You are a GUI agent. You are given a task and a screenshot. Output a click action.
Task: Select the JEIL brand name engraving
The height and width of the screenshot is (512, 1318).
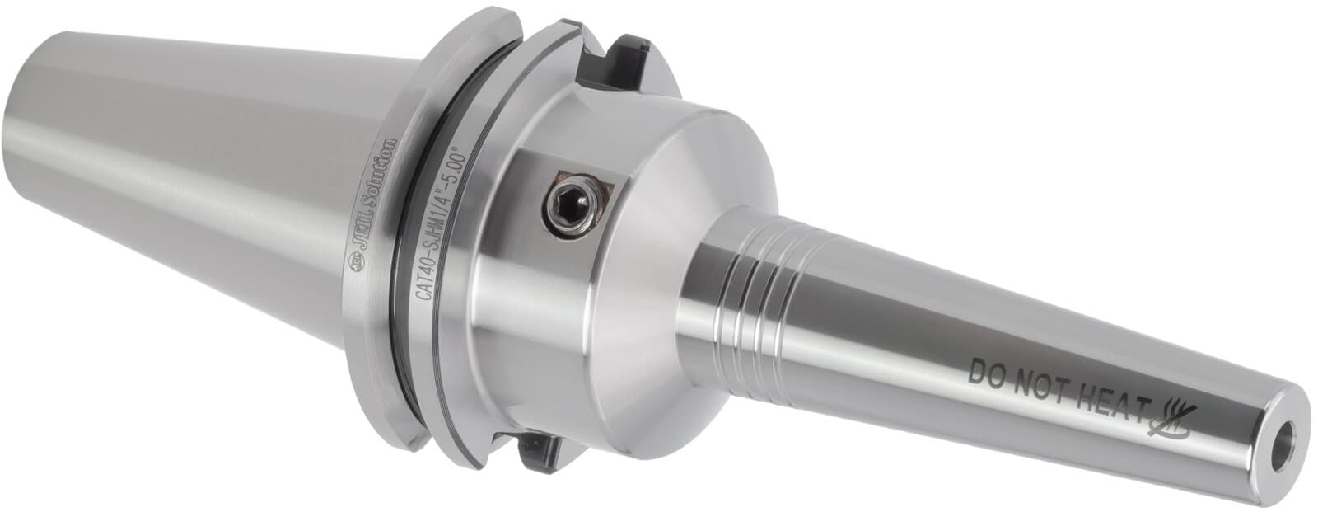[366, 236]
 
